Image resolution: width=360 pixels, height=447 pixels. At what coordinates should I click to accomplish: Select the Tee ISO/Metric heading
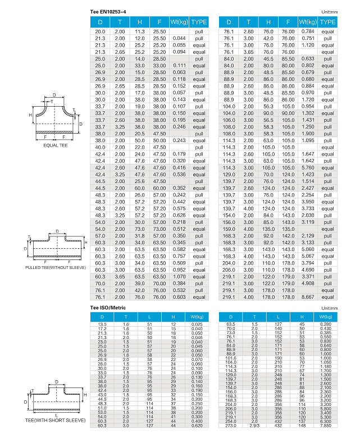(108, 308)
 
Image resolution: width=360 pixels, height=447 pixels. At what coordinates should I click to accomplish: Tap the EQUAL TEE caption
(55, 145)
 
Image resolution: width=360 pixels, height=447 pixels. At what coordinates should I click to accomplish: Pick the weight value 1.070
(179, 276)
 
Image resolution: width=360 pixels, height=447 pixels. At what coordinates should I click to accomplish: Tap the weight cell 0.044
(179, 38)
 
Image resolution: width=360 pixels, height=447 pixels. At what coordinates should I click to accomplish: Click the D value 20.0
(100, 31)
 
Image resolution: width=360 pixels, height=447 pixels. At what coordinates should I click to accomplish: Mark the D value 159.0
(229, 229)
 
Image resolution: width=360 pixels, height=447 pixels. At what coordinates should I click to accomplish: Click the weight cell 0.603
(179, 297)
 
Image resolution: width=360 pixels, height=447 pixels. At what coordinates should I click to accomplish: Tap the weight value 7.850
(326, 426)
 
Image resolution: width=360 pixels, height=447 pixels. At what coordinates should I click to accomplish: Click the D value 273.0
(231, 426)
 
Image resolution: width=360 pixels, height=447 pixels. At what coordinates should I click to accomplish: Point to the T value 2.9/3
(254, 426)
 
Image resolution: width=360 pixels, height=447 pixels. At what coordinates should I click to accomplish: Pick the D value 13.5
(102, 324)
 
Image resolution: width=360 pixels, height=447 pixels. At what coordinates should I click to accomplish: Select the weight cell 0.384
(179, 283)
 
